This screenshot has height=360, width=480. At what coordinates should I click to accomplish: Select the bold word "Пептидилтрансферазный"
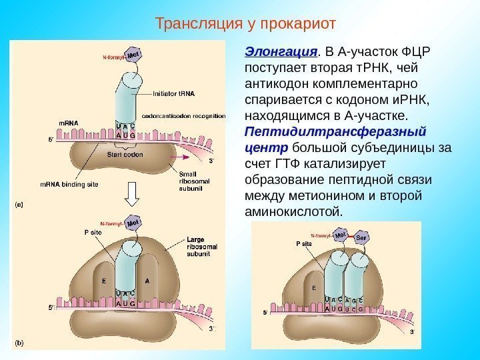336,131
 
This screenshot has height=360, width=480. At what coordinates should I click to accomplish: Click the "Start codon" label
125,154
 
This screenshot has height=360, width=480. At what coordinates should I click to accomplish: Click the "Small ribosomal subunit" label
193,181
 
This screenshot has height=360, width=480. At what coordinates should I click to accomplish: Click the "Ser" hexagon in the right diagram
362,237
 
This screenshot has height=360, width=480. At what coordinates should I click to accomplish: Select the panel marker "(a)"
19,205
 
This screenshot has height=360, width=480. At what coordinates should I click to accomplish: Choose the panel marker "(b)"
19,344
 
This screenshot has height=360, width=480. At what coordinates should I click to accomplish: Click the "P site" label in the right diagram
304,244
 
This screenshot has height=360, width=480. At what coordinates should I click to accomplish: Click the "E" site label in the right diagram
313,288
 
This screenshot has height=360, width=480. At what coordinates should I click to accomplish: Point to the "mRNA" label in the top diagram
68,123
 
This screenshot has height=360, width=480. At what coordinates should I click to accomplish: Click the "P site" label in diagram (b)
93,233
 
